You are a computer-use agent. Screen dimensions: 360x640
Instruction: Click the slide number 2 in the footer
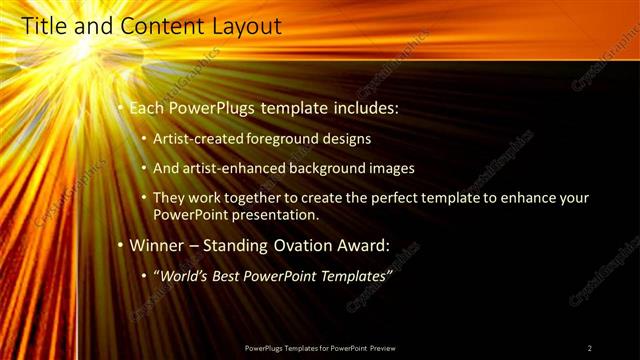[590, 348]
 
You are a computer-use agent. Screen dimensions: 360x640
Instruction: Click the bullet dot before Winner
[120, 245]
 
